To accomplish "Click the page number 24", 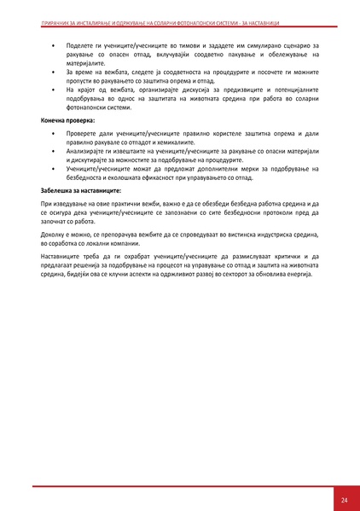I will [x=344, y=498].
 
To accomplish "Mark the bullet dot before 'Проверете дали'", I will [x=53, y=134].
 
